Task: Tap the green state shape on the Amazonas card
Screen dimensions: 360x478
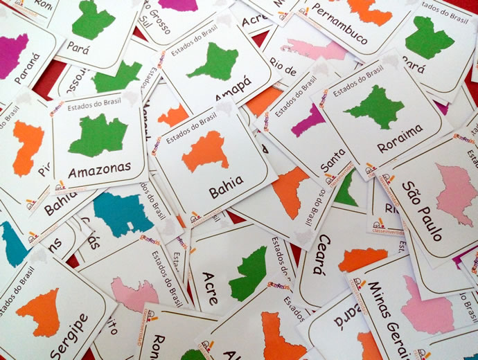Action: [98, 135]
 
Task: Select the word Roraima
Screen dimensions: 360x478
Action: [400, 139]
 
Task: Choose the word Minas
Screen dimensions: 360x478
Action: [380, 302]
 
